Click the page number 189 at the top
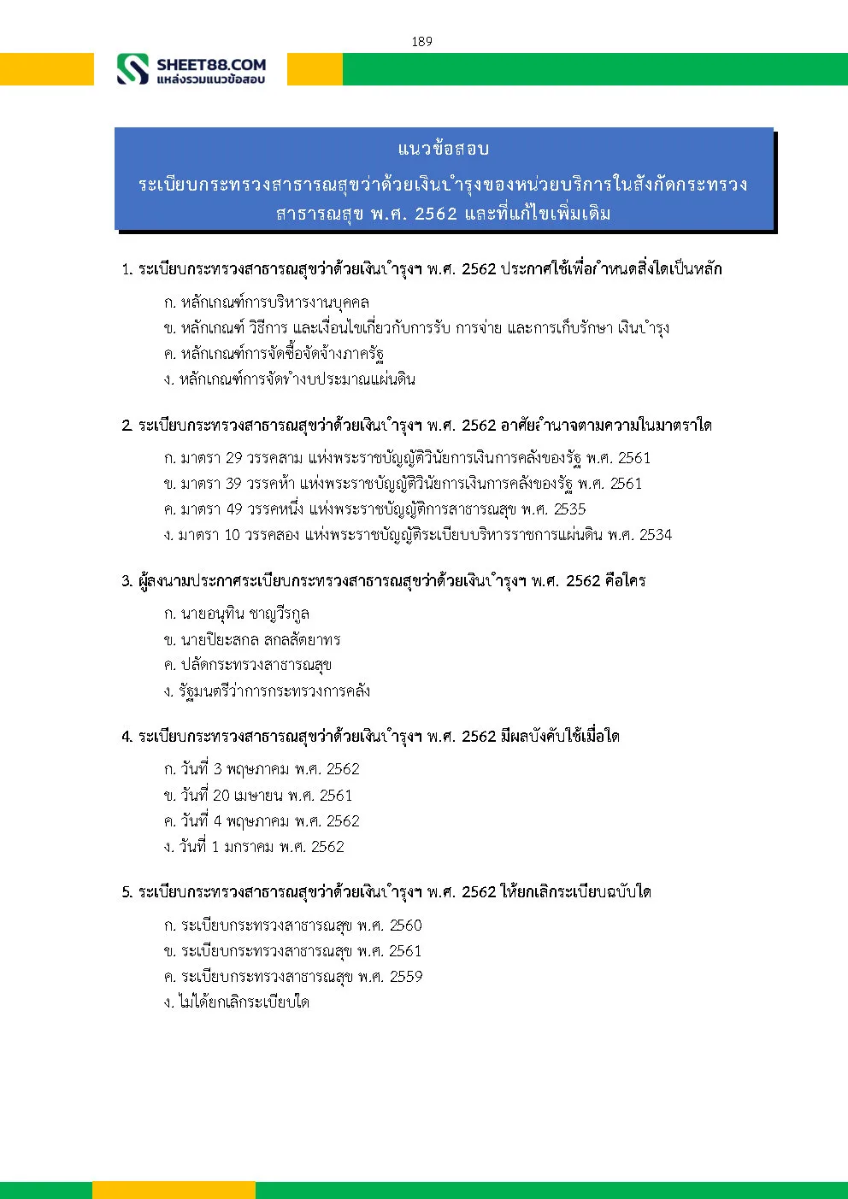point(421,41)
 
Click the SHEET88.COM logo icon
point(132,69)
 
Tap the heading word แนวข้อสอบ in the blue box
point(443,149)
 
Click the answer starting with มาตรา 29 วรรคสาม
point(407,458)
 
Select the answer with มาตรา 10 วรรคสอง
point(417,535)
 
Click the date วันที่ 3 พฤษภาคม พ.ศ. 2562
point(262,769)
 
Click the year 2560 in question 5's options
point(405,926)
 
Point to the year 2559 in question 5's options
point(405,977)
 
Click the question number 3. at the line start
point(127,581)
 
